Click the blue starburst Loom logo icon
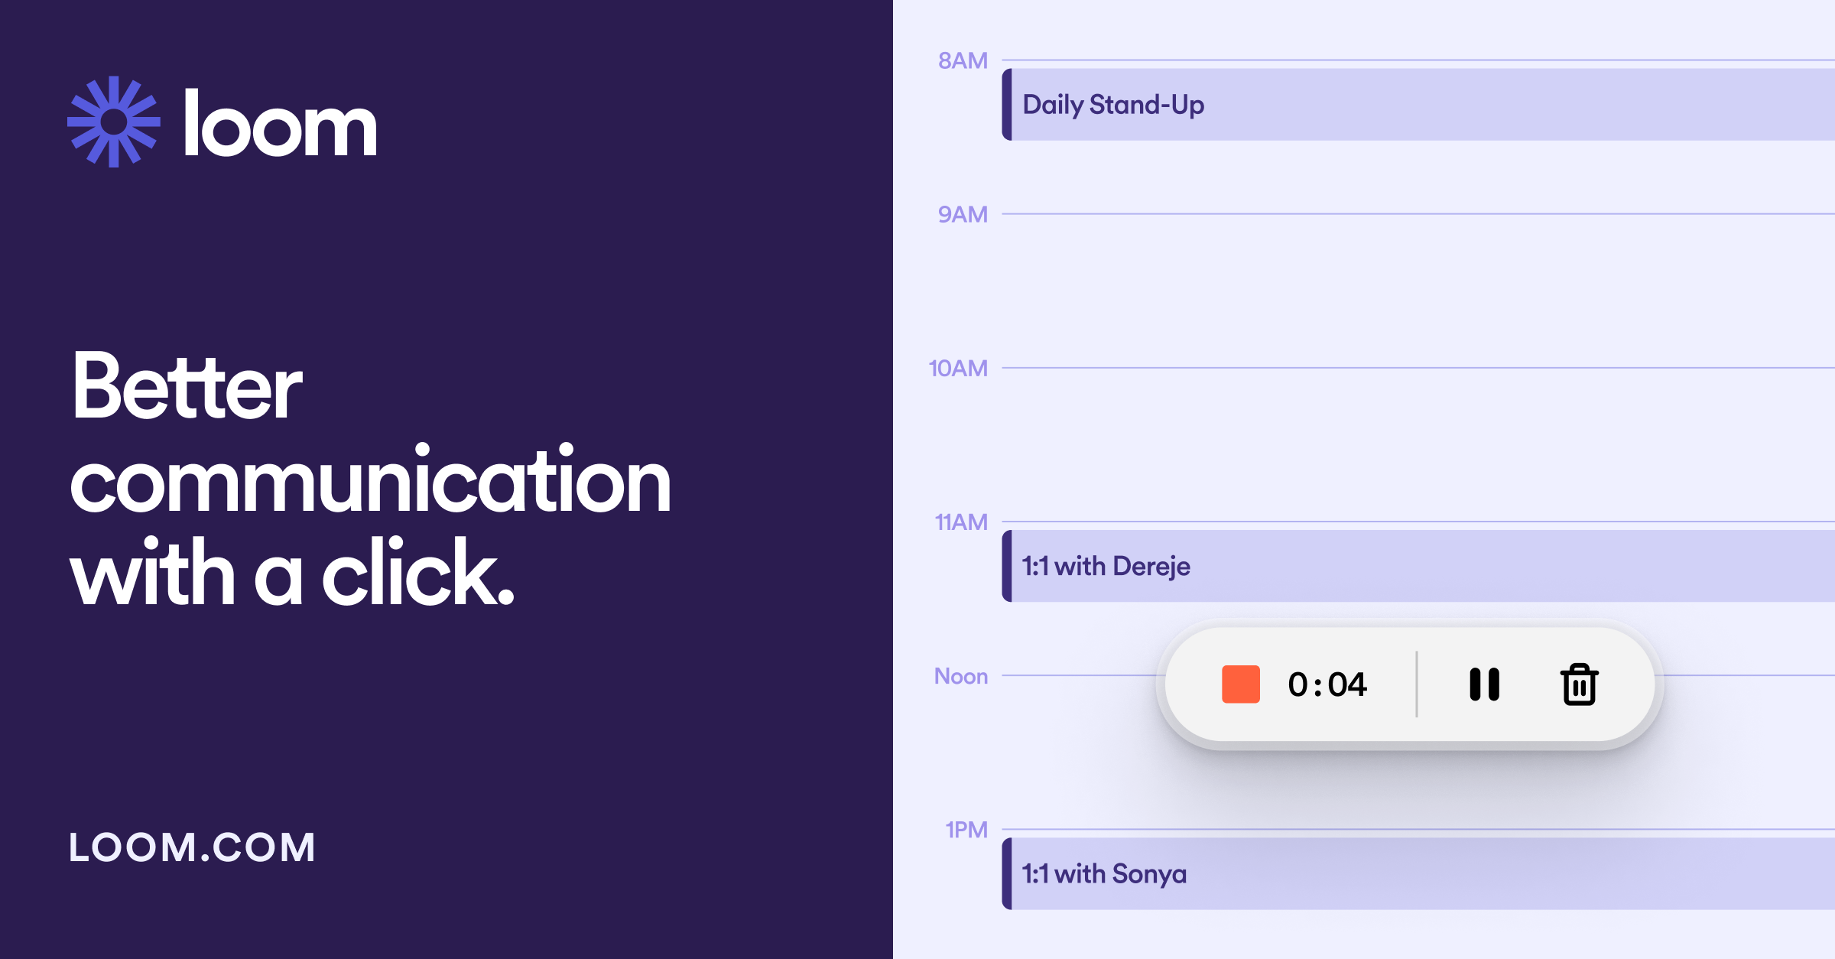click(x=114, y=122)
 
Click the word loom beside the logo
click(x=280, y=125)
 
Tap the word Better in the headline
click(x=187, y=388)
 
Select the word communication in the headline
click(x=370, y=483)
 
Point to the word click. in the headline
click(x=418, y=573)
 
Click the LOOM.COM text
click(x=192, y=848)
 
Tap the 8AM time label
click(x=963, y=60)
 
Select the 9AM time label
click(x=963, y=214)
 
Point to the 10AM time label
click(x=958, y=369)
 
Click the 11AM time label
click(x=961, y=522)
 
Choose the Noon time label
click(x=960, y=676)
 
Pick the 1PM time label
click(x=966, y=830)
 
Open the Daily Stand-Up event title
click(x=1113, y=105)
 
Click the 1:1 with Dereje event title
click(x=1106, y=566)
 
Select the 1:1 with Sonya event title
click(x=1104, y=873)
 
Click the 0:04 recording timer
click(x=1327, y=684)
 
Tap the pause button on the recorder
click(x=1484, y=684)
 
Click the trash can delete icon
click(x=1579, y=684)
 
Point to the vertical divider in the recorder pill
click(x=1417, y=684)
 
